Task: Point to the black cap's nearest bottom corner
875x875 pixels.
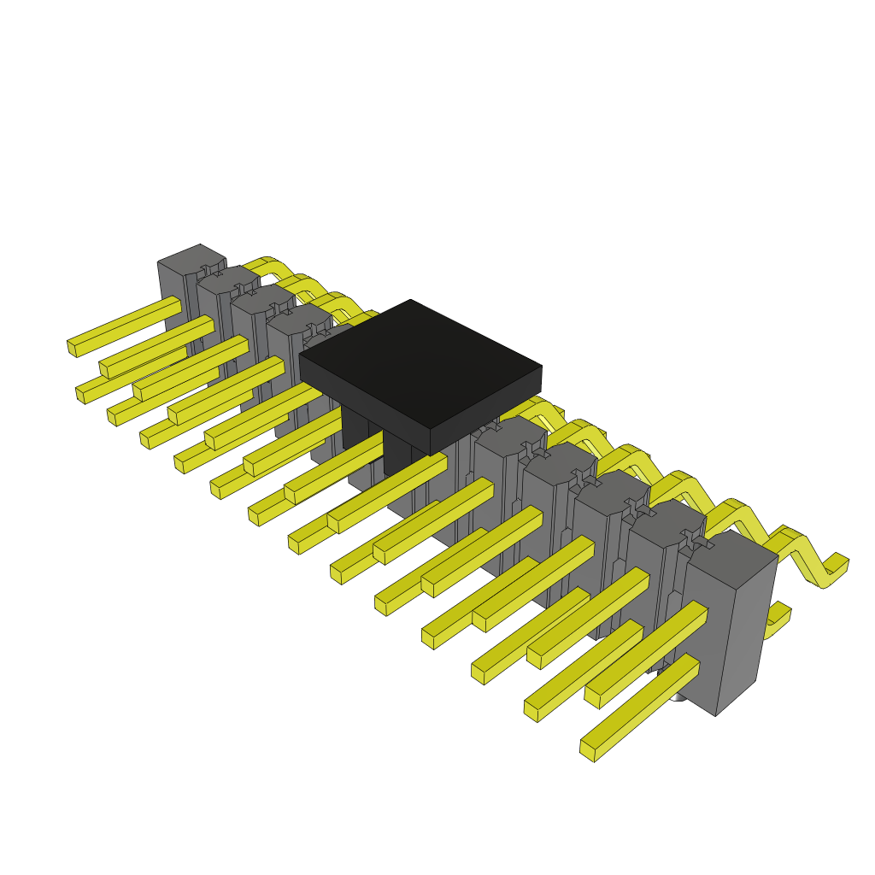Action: pyautogui.click(x=430, y=454)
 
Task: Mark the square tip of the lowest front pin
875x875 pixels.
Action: pyautogui.click(x=587, y=750)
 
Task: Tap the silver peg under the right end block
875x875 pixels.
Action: pyautogui.click(x=678, y=696)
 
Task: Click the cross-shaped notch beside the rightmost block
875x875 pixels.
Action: pyautogui.click(x=693, y=538)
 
